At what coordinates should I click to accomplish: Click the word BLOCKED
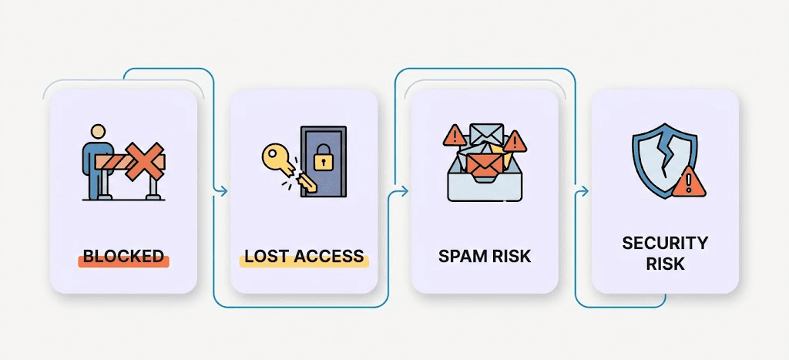[x=123, y=256]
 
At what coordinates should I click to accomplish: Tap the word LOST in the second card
[x=265, y=256]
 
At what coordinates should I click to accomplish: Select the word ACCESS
[x=327, y=256]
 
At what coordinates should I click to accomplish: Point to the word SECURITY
[x=665, y=243]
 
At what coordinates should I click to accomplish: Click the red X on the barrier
[x=144, y=161]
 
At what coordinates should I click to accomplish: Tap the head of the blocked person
[x=98, y=132]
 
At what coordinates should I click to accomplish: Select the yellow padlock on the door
[x=323, y=157]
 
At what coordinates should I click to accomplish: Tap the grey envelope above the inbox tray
[x=486, y=133]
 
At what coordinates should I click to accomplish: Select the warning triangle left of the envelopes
[x=455, y=136]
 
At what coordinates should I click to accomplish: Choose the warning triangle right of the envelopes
[x=515, y=142]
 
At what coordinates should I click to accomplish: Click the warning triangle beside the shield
[x=689, y=182]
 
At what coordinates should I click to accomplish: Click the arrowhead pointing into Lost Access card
[x=223, y=191]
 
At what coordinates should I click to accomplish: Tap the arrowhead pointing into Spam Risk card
[x=404, y=191]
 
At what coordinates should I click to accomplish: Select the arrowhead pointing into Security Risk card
[x=584, y=191]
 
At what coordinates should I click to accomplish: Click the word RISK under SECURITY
[x=665, y=264]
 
